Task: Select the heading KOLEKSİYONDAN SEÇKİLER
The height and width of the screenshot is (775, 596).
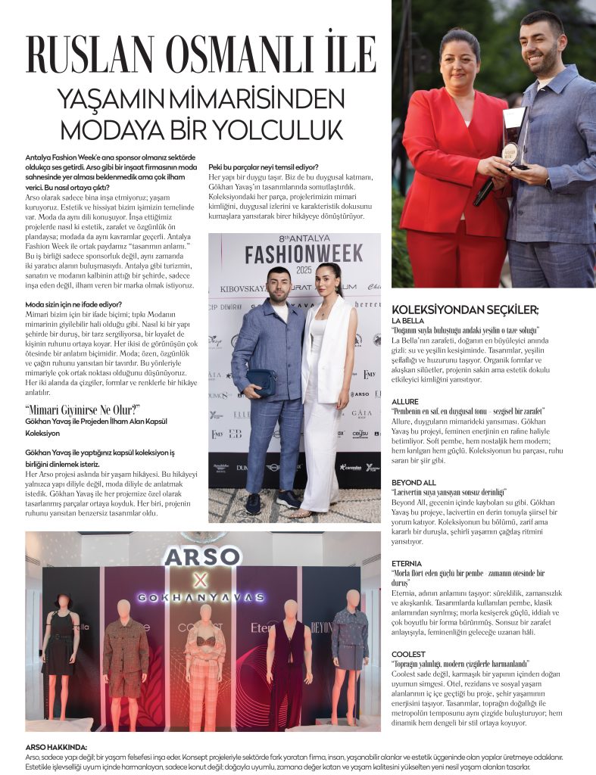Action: pos(465,310)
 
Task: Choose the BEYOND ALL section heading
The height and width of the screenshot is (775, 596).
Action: pos(414,481)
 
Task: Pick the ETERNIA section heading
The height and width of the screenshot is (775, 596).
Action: pos(407,563)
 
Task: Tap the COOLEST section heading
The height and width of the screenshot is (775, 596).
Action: pos(408,652)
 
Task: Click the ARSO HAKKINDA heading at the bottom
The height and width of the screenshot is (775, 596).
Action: pos(56,747)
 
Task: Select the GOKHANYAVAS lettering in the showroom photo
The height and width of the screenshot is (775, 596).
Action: pos(201,597)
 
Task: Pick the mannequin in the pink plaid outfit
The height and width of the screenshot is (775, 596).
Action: pos(204,666)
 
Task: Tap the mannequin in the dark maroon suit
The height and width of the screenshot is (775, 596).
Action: pos(289,662)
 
